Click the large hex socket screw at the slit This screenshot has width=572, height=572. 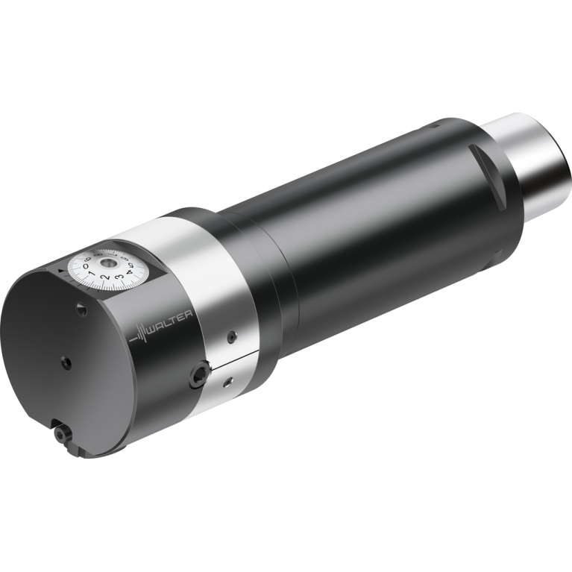(198, 376)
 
